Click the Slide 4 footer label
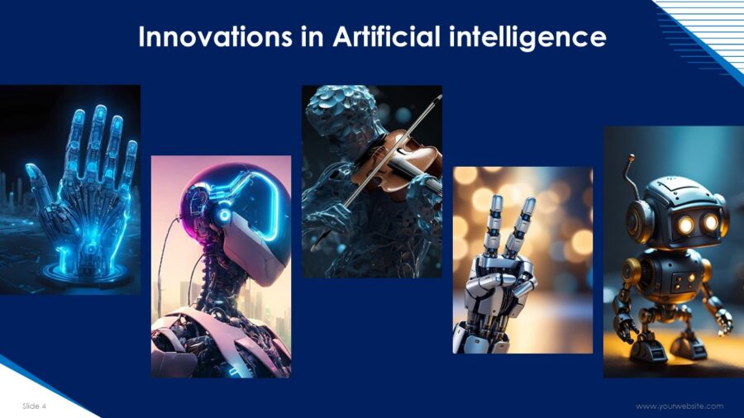click(34, 406)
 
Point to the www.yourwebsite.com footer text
click(680, 406)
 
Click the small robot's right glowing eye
click(711, 221)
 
